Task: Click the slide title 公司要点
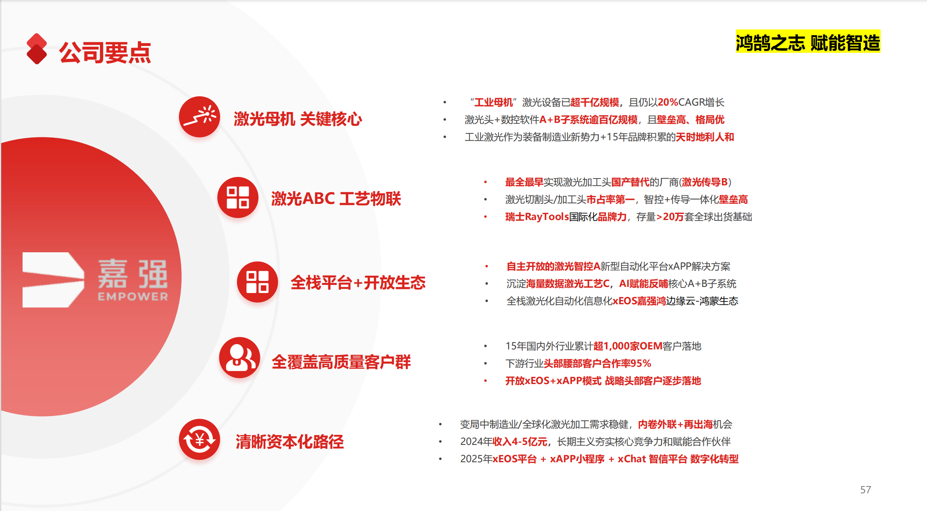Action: coord(105,52)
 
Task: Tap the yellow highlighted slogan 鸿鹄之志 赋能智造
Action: coord(808,42)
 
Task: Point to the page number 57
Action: coord(866,490)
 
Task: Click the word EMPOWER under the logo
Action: coord(133,297)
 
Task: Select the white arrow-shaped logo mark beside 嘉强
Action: coord(53,280)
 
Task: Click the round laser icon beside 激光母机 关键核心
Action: coord(200,117)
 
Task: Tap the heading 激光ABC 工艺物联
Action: coord(336,199)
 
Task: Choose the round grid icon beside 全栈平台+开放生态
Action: coord(258,282)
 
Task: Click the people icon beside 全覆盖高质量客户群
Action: coord(240,357)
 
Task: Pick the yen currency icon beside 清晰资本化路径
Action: coord(200,439)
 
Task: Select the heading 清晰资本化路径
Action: coord(290,442)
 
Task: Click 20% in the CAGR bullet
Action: coord(668,102)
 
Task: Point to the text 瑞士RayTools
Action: coord(537,217)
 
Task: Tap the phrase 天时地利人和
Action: coord(705,137)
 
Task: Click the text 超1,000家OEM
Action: coord(628,346)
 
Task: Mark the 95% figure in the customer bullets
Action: coord(641,364)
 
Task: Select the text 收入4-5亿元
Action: coord(520,442)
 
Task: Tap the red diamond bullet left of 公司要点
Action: coord(37,49)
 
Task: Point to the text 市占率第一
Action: coord(611,199)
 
